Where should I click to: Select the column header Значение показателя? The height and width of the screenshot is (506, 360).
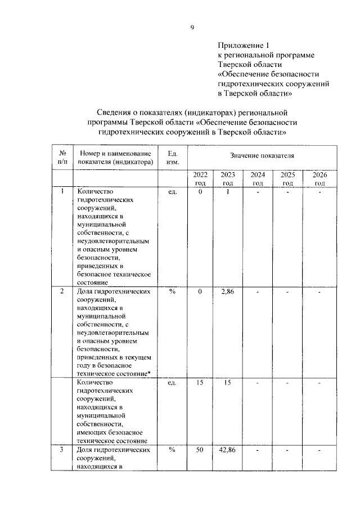pyautogui.click(x=262, y=154)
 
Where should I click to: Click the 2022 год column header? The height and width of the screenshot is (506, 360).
pyautogui.click(x=200, y=179)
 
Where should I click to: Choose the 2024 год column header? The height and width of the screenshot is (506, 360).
pyautogui.click(x=258, y=179)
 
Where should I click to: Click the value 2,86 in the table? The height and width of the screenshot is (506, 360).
pyautogui.click(x=228, y=292)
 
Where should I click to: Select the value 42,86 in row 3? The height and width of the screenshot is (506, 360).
pyautogui.click(x=227, y=450)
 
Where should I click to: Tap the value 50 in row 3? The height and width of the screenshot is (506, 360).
pyautogui.click(x=200, y=450)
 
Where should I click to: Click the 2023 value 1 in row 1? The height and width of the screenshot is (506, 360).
pyautogui.click(x=228, y=192)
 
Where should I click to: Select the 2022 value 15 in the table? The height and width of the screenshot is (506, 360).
pyautogui.click(x=200, y=383)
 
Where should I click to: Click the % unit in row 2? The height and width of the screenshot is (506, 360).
pyautogui.click(x=173, y=292)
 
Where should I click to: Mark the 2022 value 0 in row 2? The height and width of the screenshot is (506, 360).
pyautogui.click(x=200, y=292)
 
